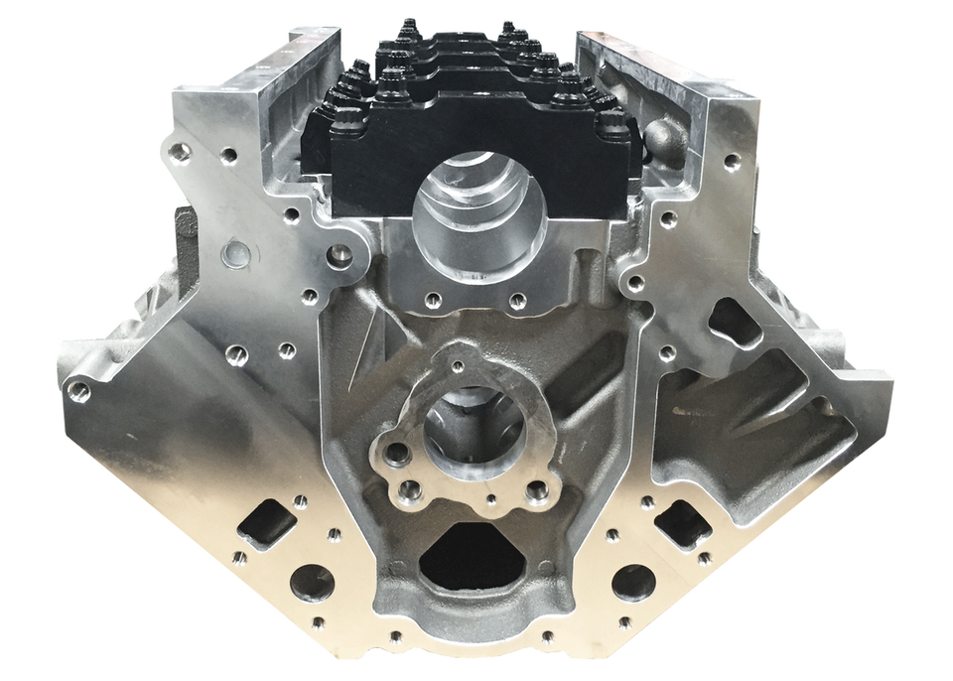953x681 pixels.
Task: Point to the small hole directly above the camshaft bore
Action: [457, 367]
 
